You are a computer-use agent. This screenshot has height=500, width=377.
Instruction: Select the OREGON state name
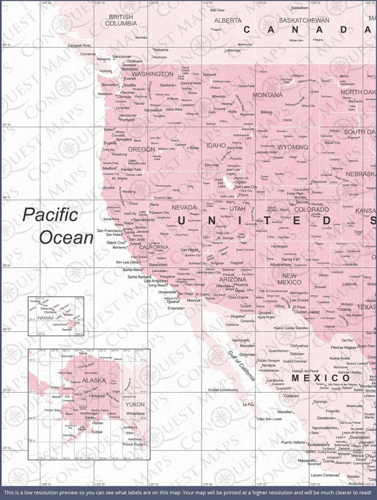click(141, 149)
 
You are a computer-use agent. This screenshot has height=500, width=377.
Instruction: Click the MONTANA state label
click(268, 95)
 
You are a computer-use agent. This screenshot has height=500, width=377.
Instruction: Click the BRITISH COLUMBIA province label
click(122, 20)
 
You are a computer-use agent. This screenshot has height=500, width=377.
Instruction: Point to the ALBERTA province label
click(228, 20)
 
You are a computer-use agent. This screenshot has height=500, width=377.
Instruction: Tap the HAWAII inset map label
click(46, 318)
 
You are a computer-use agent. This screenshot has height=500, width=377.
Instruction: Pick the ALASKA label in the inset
click(94, 380)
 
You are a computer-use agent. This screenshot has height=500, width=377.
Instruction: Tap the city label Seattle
click(129, 85)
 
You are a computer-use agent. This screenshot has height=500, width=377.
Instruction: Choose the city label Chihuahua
click(297, 345)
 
